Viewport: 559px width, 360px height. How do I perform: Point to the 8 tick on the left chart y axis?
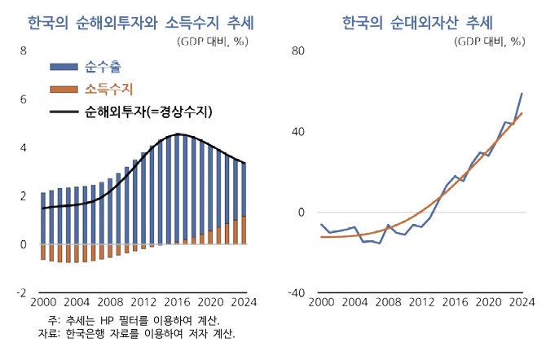click(24, 50)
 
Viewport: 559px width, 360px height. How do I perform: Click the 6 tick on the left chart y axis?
click(24, 99)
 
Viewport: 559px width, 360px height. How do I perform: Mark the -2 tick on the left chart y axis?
click(21, 293)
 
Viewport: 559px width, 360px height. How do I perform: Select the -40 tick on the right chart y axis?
click(296, 293)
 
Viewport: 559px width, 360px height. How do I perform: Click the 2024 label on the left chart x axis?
click(242, 301)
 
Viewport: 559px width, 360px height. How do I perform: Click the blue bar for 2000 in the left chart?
click(43, 218)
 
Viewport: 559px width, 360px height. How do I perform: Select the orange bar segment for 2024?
click(243, 230)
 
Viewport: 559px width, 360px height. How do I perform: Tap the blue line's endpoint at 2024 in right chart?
click(522, 94)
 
